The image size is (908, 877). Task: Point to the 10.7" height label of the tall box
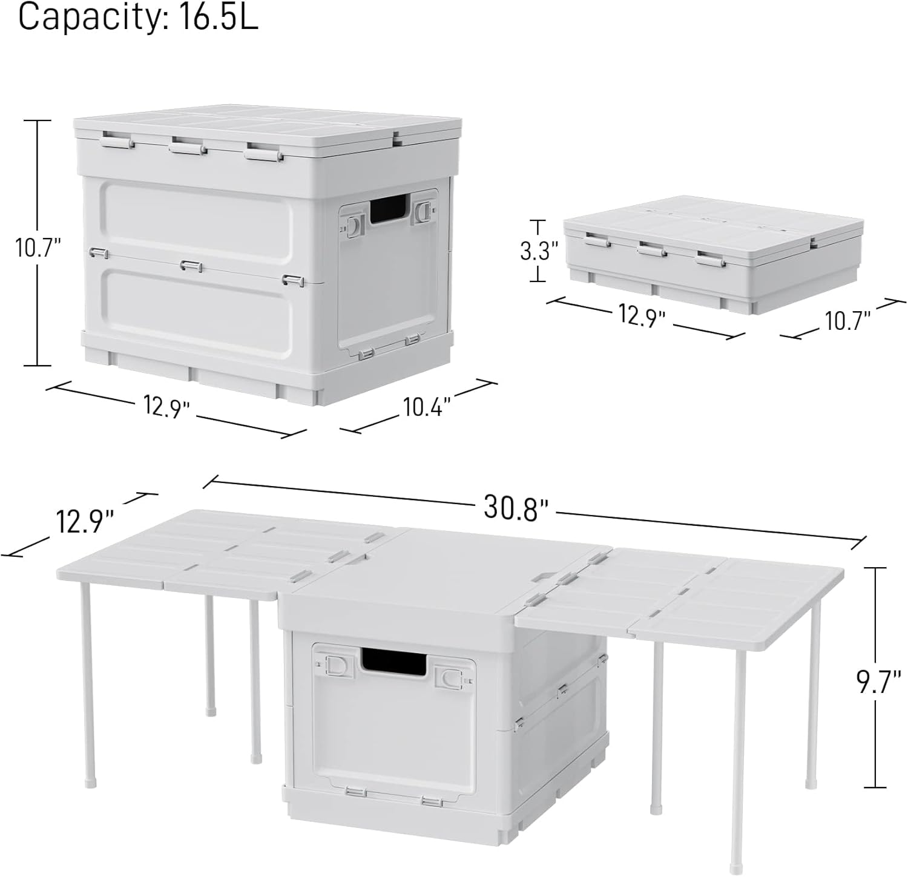[38, 248]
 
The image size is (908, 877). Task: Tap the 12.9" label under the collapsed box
[642, 315]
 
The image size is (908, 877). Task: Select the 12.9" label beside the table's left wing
[85, 521]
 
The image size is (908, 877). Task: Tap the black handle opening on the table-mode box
[393, 661]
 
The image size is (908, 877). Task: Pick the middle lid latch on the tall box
[187, 146]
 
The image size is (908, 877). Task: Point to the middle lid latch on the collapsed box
[652, 249]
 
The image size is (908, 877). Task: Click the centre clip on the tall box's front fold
[191, 265]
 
